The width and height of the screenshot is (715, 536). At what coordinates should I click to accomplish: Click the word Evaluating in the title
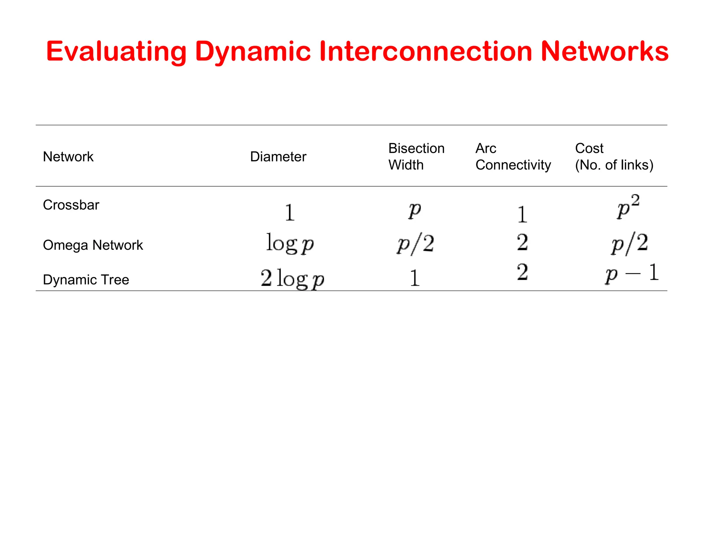[x=116, y=52]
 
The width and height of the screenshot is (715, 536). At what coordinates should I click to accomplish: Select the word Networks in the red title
[x=604, y=52]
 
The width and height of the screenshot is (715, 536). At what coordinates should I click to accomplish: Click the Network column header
[x=68, y=157]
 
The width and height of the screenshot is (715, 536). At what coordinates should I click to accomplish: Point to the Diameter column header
[x=278, y=157]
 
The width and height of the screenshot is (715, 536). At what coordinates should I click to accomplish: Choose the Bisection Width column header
[x=416, y=157]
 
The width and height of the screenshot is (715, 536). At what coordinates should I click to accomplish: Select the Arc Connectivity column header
[x=513, y=157]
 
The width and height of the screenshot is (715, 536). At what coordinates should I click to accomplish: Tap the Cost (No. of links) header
[x=614, y=157]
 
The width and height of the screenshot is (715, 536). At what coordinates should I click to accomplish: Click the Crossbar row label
[x=71, y=205]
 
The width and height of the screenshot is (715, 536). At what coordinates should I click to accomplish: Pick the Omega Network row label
[x=93, y=245]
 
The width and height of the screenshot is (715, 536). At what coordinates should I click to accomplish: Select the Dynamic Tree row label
[x=86, y=280]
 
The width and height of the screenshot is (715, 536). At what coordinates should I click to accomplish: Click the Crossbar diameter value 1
[x=289, y=213]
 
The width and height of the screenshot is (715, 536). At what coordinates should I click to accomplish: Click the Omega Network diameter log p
[x=290, y=243]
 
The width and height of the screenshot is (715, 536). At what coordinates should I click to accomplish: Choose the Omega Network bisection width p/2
[x=415, y=244]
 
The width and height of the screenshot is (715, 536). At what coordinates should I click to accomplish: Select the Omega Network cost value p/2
[x=629, y=244]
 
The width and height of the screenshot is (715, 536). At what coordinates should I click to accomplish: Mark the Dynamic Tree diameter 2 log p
[x=292, y=278]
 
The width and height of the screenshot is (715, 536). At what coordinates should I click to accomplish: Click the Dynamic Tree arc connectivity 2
[x=522, y=272]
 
